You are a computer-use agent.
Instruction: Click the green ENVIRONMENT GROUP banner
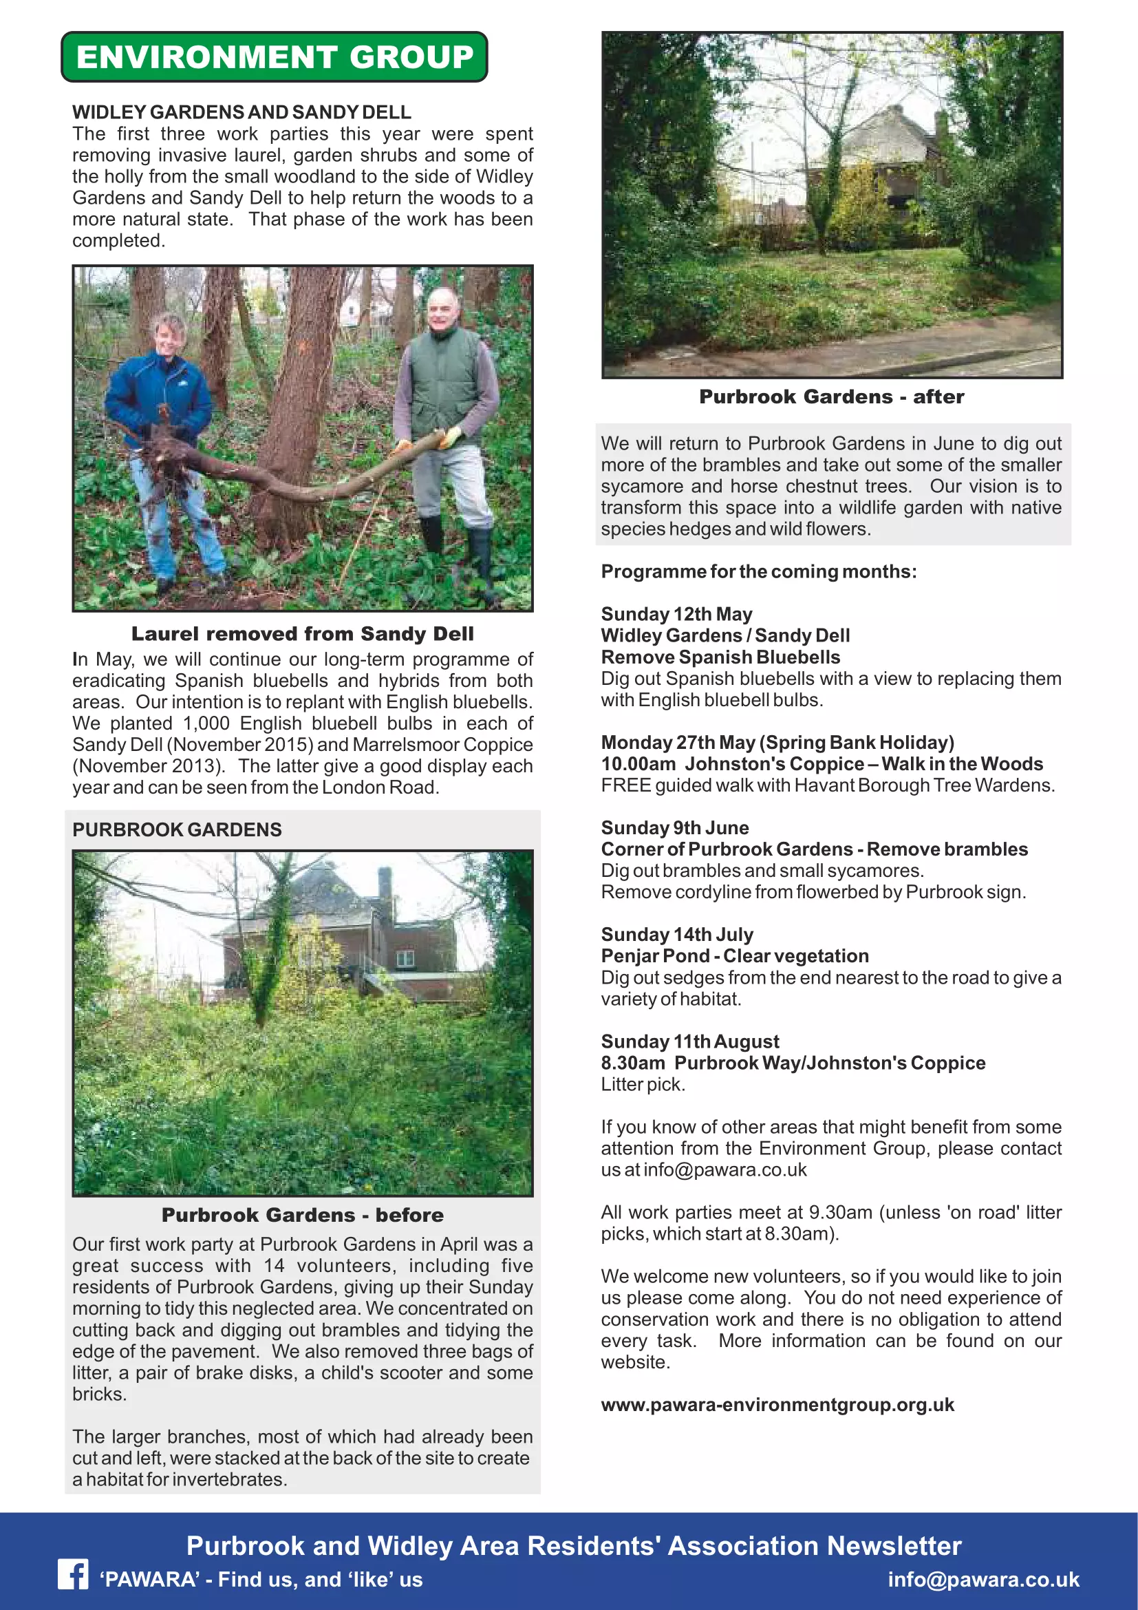[x=274, y=57]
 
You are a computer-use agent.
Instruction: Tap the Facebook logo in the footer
[x=73, y=1575]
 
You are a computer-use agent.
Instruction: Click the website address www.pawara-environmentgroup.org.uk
[x=777, y=1406]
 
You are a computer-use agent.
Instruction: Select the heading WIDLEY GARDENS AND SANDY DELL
[x=241, y=112]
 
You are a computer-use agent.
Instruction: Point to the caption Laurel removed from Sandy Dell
[x=302, y=634]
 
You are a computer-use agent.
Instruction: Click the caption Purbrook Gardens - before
[x=302, y=1215]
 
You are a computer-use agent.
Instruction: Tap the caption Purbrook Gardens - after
[x=831, y=397]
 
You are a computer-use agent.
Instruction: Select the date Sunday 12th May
[x=676, y=614]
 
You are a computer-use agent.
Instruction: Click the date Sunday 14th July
[x=677, y=935]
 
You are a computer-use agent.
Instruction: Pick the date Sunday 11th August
[x=689, y=1041]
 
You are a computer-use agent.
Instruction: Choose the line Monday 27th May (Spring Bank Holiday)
[x=777, y=743]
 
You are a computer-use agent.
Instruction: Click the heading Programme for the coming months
[x=758, y=571]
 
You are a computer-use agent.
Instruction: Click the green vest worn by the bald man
[x=445, y=379]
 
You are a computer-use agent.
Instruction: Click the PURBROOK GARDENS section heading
[x=177, y=829]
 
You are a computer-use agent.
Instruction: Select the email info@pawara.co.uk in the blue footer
[x=983, y=1579]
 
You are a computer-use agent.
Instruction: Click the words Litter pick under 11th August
[x=643, y=1084]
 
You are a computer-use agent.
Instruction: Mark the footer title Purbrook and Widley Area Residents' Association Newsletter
[x=573, y=1545]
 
